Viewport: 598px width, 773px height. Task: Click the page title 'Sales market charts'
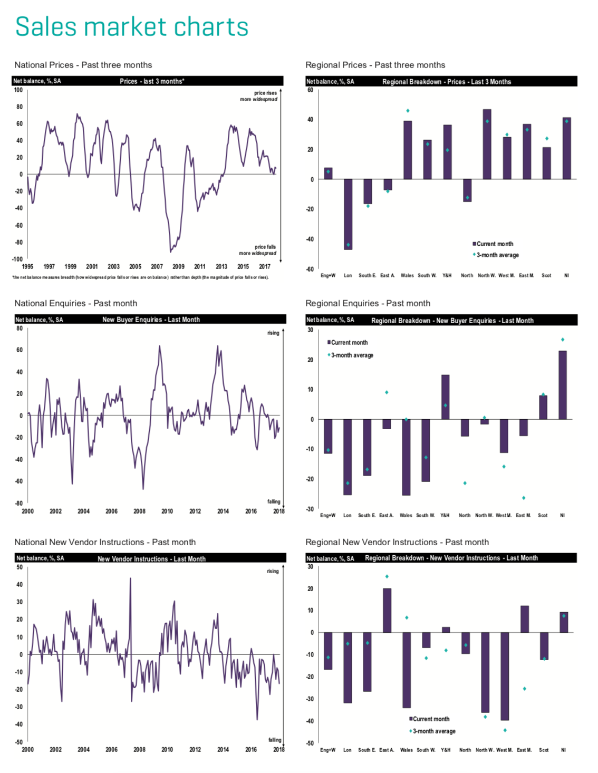(x=132, y=26)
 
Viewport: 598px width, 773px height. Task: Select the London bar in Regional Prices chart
(x=348, y=214)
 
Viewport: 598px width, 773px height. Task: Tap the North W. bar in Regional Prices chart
(x=487, y=144)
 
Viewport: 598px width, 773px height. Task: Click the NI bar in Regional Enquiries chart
(x=563, y=385)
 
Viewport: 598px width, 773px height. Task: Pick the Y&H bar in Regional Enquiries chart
(x=445, y=397)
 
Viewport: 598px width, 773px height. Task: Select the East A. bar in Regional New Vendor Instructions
(x=387, y=610)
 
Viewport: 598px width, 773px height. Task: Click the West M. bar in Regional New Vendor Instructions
(x=505, y=676)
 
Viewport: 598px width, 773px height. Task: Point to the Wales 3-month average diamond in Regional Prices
(x=408, y=111)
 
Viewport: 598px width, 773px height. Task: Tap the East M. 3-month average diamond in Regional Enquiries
(x=524, y=498)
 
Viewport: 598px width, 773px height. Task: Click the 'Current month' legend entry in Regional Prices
(x=494, y=244)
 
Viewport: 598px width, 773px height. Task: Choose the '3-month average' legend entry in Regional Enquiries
(x=351, y=355)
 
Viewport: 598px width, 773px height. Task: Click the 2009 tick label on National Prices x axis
(x=178, y=267)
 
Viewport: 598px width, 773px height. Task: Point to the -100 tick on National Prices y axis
(x=18, y=259)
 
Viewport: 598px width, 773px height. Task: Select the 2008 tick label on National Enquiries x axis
(x=139, y=511)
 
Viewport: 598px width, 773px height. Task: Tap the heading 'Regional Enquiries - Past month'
(x=368, y=303)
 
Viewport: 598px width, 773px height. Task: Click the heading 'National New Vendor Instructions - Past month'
(x=105, y=542)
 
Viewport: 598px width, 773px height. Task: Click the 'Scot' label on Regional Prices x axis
(x=546, y=275)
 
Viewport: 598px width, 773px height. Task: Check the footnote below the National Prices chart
(x=141, y=277)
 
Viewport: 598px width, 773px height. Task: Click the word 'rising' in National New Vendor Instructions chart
(x=273, y=571)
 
